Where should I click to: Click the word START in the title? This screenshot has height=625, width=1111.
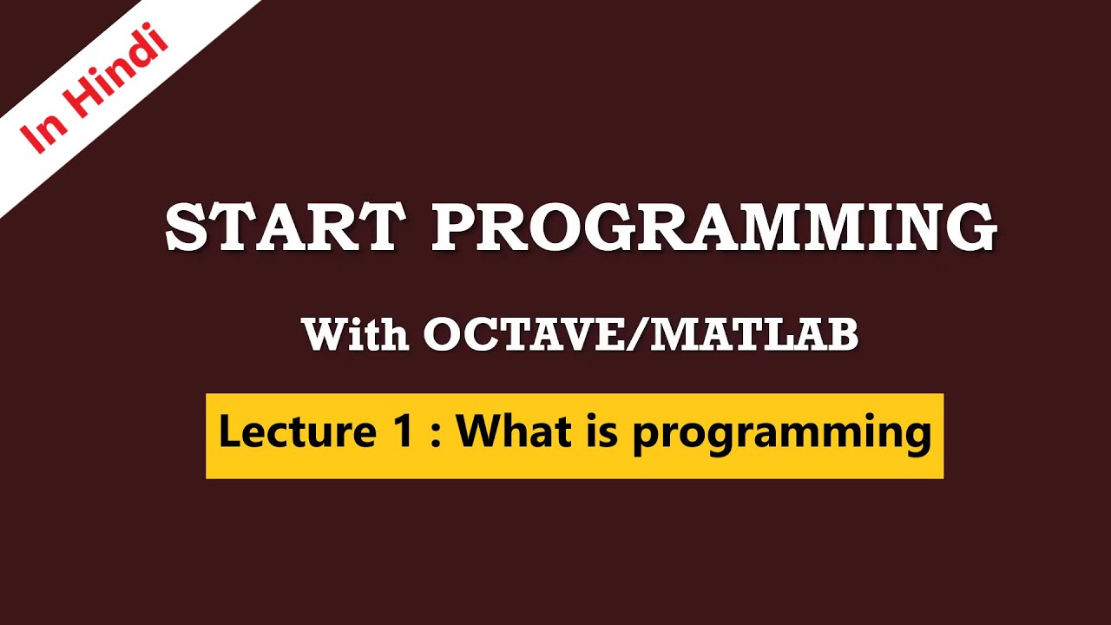pyautogui.click(x=285, y=227)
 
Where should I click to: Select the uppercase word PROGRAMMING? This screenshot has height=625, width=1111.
pyautogui.click(x=713, y=227)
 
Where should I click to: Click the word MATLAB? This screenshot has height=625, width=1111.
pyautogui.click(x=754, y=334)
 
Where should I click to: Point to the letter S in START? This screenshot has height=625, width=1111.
pyautogui.click(x=186, y=227)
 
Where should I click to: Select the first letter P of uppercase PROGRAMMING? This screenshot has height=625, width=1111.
pyautogui.click(x=457, y=227)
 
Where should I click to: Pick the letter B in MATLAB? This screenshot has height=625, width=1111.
pyautogui.click(x=841, y=334)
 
